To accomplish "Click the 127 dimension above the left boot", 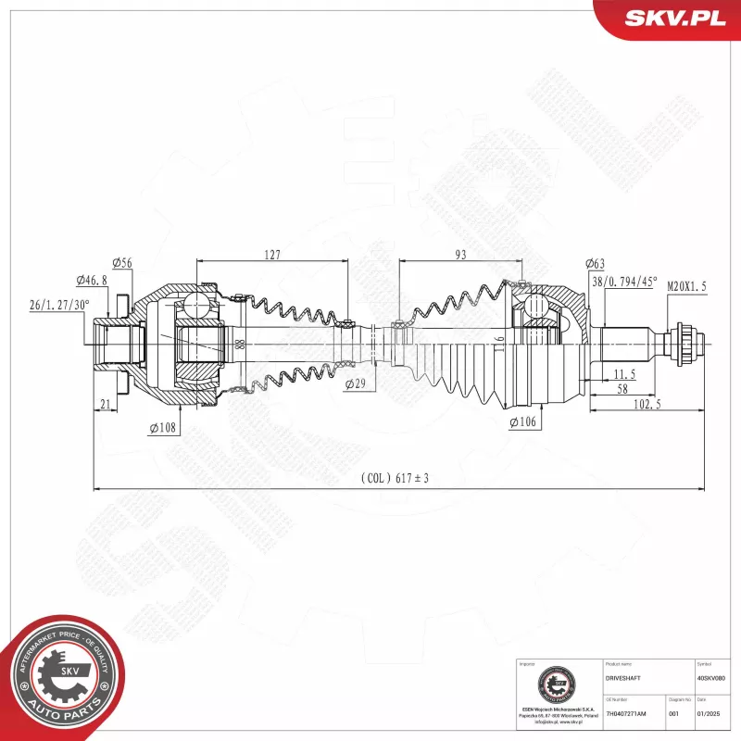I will coord(271,255).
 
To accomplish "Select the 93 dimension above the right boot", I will coord(460,255).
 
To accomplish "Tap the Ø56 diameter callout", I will coord(122,263).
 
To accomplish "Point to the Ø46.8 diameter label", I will coord(92,279).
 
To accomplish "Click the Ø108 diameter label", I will coord(162,428).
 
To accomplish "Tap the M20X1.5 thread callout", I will coord(686,287).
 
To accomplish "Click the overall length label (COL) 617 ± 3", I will coord(395,479).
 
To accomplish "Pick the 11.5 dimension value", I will coord(624,374).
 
